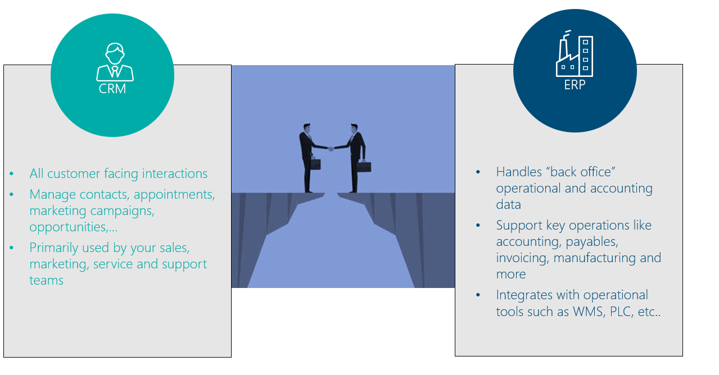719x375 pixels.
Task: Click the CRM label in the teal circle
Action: click(112, 89)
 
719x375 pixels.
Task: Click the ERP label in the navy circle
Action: click(575, 85)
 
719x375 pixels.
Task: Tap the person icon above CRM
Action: click(115, 62)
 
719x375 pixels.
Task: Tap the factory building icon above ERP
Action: click(574, 53)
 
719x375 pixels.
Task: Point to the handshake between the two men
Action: click(331, 148)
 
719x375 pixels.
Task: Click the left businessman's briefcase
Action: click(315, 164)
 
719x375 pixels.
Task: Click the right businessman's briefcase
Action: click(364, 166)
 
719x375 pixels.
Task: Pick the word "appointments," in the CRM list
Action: click(174, 195)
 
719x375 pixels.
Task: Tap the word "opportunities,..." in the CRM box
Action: click(74, 228)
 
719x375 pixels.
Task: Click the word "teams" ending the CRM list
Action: click(47, 281)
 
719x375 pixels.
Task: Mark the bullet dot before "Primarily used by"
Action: click(12, 248)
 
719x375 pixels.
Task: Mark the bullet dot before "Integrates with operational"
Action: click(478, 295)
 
